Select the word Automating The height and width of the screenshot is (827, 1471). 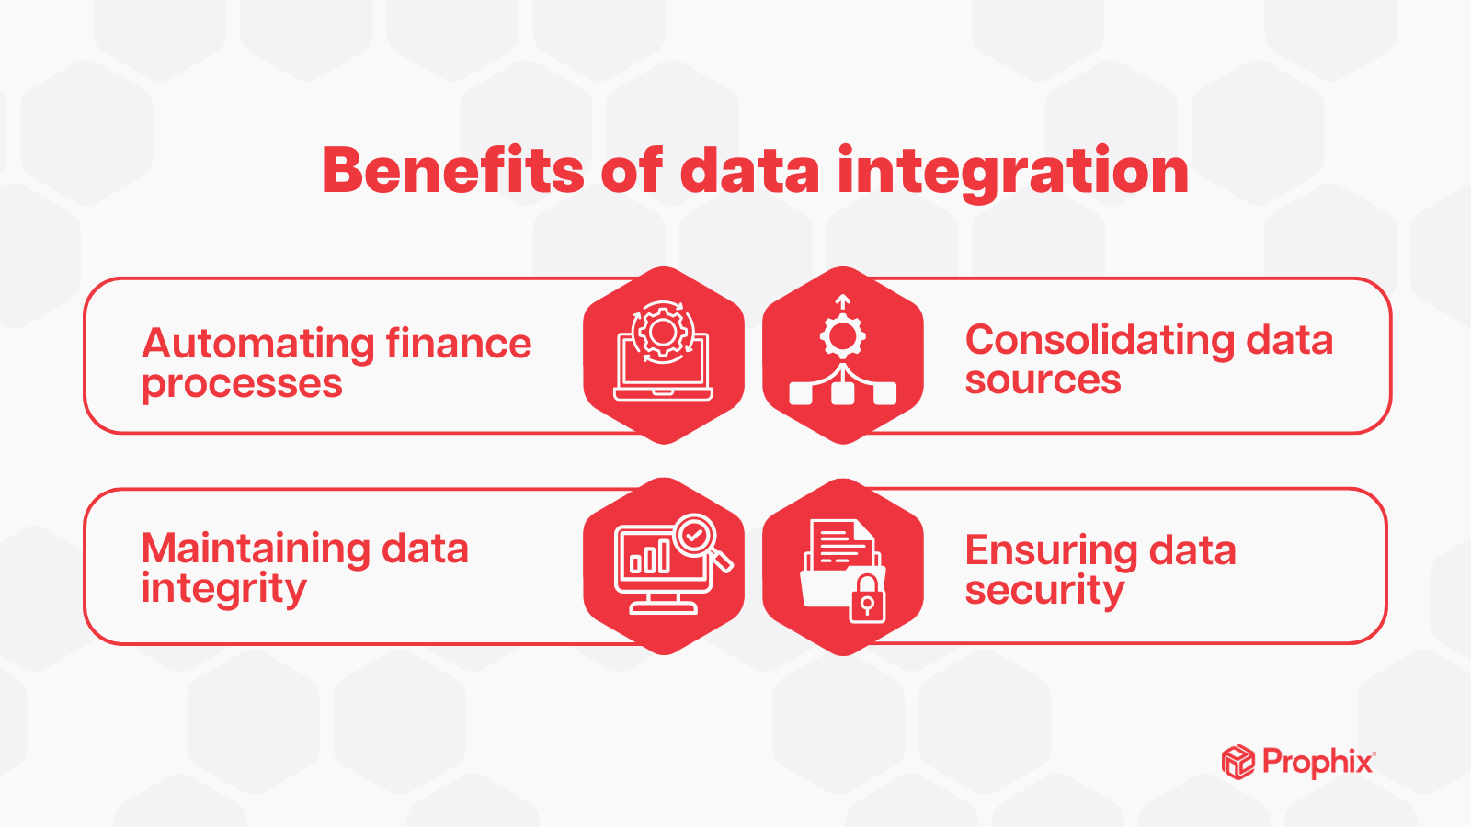257,345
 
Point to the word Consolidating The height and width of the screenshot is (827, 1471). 1100,341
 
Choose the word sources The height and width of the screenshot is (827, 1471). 1043,380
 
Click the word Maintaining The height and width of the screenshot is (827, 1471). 256,549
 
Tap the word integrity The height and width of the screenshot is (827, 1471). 223,589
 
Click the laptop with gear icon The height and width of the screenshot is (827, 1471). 663,351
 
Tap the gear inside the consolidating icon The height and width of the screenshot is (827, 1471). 842,337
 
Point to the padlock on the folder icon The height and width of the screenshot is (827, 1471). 867,598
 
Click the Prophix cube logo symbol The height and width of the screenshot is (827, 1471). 1238,762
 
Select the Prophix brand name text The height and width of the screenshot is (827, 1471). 1318,763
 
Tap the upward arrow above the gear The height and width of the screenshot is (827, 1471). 842,304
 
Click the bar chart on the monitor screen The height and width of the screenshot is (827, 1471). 649,557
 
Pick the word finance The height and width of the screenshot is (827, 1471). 459,344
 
